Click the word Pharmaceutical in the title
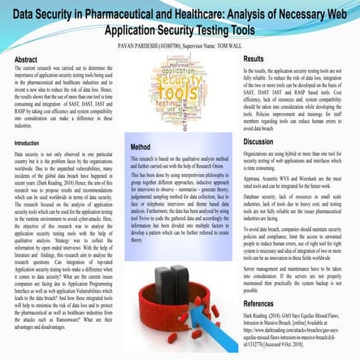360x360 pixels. click(x=124, y=15)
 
